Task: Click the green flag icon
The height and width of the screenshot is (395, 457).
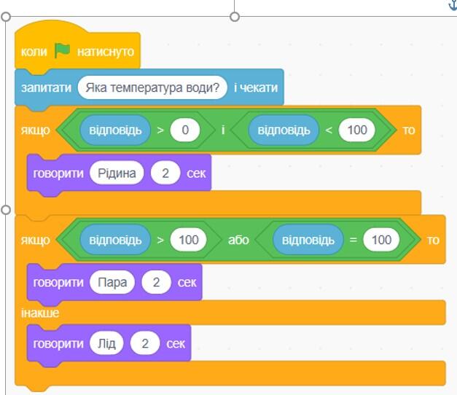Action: point(63,50)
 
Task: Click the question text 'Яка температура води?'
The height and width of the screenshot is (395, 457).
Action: point(152,87)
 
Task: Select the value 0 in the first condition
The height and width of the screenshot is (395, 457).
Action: point(185,130)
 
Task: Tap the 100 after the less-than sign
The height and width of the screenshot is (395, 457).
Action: point(356,130)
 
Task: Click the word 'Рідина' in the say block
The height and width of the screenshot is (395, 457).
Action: point(117,173)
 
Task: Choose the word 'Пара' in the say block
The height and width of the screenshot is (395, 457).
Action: point(112,282)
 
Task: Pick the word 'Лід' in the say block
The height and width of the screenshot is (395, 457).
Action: point(106,343)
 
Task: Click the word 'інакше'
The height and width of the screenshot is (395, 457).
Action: point(40,313)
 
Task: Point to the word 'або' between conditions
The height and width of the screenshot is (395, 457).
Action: point(238,240)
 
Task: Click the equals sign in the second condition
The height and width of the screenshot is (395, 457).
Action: point(353,240)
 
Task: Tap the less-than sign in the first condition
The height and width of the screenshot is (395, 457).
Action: point(329,130)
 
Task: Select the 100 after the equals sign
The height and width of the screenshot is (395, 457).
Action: point(381,240)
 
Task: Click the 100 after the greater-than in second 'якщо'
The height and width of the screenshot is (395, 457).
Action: point(189,240)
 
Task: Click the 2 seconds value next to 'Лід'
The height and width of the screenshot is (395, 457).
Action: point(145,343)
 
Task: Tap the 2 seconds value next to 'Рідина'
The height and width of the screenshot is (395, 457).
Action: point(165,173)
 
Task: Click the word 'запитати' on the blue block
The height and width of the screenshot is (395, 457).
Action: point(46,87)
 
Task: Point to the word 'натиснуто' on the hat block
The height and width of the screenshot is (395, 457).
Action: point(106,52)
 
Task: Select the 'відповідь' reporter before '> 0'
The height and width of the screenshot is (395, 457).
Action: point(115,130)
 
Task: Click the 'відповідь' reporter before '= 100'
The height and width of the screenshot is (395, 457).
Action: point(308,240)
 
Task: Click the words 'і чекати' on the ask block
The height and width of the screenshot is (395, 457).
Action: point(256,87)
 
